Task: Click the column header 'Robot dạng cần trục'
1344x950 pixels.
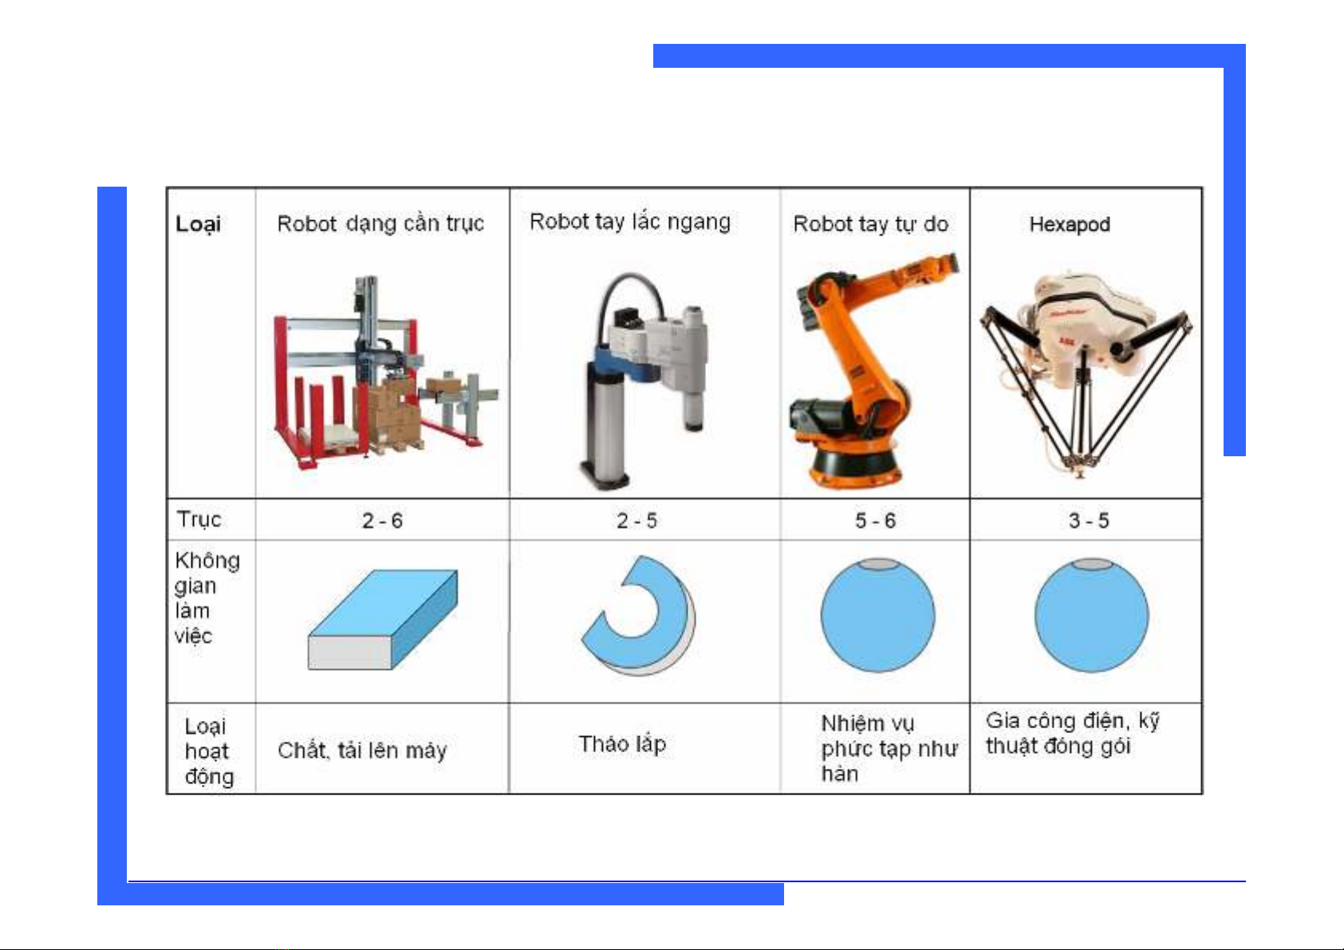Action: [380, 224]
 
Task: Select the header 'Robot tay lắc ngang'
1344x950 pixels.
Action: [630, 222]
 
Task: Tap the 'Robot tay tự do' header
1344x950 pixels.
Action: [870, 224]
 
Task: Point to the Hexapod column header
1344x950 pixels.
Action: [1070, 224]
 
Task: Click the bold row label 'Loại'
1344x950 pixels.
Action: [198, 224]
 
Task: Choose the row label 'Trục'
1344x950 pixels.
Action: [199, 520]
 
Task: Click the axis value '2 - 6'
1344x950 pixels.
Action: [382, 521]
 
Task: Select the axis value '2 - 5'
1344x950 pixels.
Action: [637, 521]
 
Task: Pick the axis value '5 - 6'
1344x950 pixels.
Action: [876, 521]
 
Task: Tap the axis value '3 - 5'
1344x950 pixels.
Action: [1089, 521]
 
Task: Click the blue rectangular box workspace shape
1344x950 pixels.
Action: [383, 619]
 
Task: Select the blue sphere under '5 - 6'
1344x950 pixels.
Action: [878, 615]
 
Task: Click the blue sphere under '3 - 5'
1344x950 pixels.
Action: [1091, 615]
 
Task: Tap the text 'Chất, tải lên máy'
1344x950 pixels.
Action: [362, 751]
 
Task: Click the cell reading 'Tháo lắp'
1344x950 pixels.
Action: [622, 744]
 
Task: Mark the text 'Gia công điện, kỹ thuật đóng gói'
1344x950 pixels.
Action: [1073, 733]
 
